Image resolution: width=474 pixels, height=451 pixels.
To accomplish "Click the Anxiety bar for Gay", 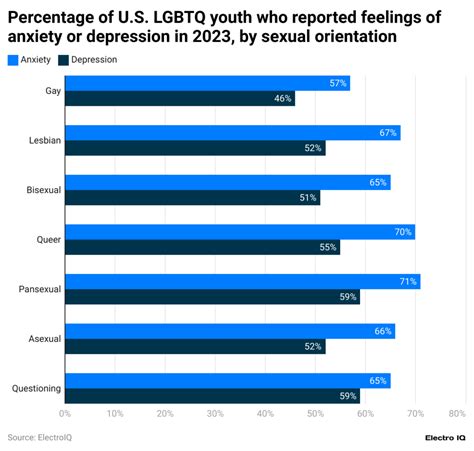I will (207, 83).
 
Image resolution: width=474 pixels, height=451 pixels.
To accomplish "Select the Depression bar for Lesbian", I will (195, 148).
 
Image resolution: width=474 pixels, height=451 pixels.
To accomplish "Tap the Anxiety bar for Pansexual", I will (242, 282).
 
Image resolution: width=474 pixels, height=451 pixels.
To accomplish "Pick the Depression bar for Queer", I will (202, 247).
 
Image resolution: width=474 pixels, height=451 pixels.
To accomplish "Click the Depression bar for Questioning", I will (212, 396).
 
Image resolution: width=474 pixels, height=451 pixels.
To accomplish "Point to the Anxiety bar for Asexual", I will (230, 331).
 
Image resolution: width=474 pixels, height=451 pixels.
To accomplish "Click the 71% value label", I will (408, 282).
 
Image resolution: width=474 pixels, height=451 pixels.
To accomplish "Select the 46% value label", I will (283, 99).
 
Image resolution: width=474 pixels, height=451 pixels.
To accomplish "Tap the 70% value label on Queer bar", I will (403, 232).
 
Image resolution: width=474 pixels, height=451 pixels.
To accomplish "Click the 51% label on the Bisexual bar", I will (308, 198).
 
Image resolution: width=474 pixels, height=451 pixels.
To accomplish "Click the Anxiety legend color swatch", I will (13, 60).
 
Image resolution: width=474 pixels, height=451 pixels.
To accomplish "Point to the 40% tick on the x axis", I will (265, 413).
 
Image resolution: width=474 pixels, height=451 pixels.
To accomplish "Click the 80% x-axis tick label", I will (458, 413).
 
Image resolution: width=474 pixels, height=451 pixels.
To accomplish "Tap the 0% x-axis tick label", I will (65, 413).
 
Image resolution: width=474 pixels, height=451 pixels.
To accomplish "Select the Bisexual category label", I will (43, 190).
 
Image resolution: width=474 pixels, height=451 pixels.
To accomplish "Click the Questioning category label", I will (36, 388).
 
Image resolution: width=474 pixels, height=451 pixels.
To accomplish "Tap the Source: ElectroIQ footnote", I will (40, 437).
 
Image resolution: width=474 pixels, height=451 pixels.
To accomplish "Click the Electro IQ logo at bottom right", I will (445, 438).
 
